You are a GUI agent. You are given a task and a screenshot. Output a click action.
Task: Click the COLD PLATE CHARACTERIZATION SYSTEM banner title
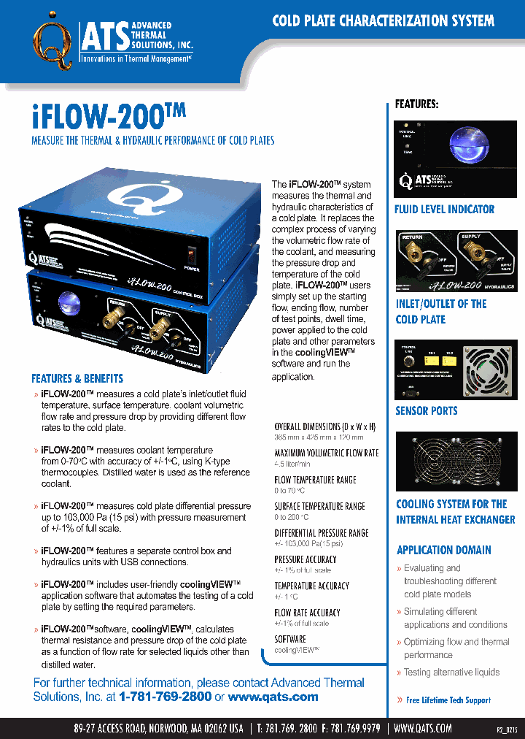(383, 20)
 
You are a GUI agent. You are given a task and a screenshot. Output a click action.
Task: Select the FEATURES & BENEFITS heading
(77, 378)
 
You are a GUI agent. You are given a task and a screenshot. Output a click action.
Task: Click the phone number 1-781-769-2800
(166, 697)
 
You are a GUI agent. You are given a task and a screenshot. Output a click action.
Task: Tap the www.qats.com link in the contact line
(273, 697)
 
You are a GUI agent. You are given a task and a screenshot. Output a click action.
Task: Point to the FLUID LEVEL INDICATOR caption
(444, 210)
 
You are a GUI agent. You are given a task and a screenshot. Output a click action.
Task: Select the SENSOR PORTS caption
(427, 410)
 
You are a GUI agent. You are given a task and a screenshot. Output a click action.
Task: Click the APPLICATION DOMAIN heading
(443, 550)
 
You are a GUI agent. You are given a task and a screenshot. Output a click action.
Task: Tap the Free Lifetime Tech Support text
(448, 700)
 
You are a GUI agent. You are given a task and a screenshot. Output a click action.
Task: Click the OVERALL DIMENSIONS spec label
(325, 426)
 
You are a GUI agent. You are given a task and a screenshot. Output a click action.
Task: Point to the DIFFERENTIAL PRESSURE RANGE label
(322, 533)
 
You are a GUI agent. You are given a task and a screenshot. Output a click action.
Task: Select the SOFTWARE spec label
(290, 639)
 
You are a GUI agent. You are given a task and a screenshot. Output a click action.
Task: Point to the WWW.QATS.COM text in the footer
(423, 728)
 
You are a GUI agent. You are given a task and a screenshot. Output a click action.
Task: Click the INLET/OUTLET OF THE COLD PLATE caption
(440, 312)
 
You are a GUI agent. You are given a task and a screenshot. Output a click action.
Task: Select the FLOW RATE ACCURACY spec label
(307, 613)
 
